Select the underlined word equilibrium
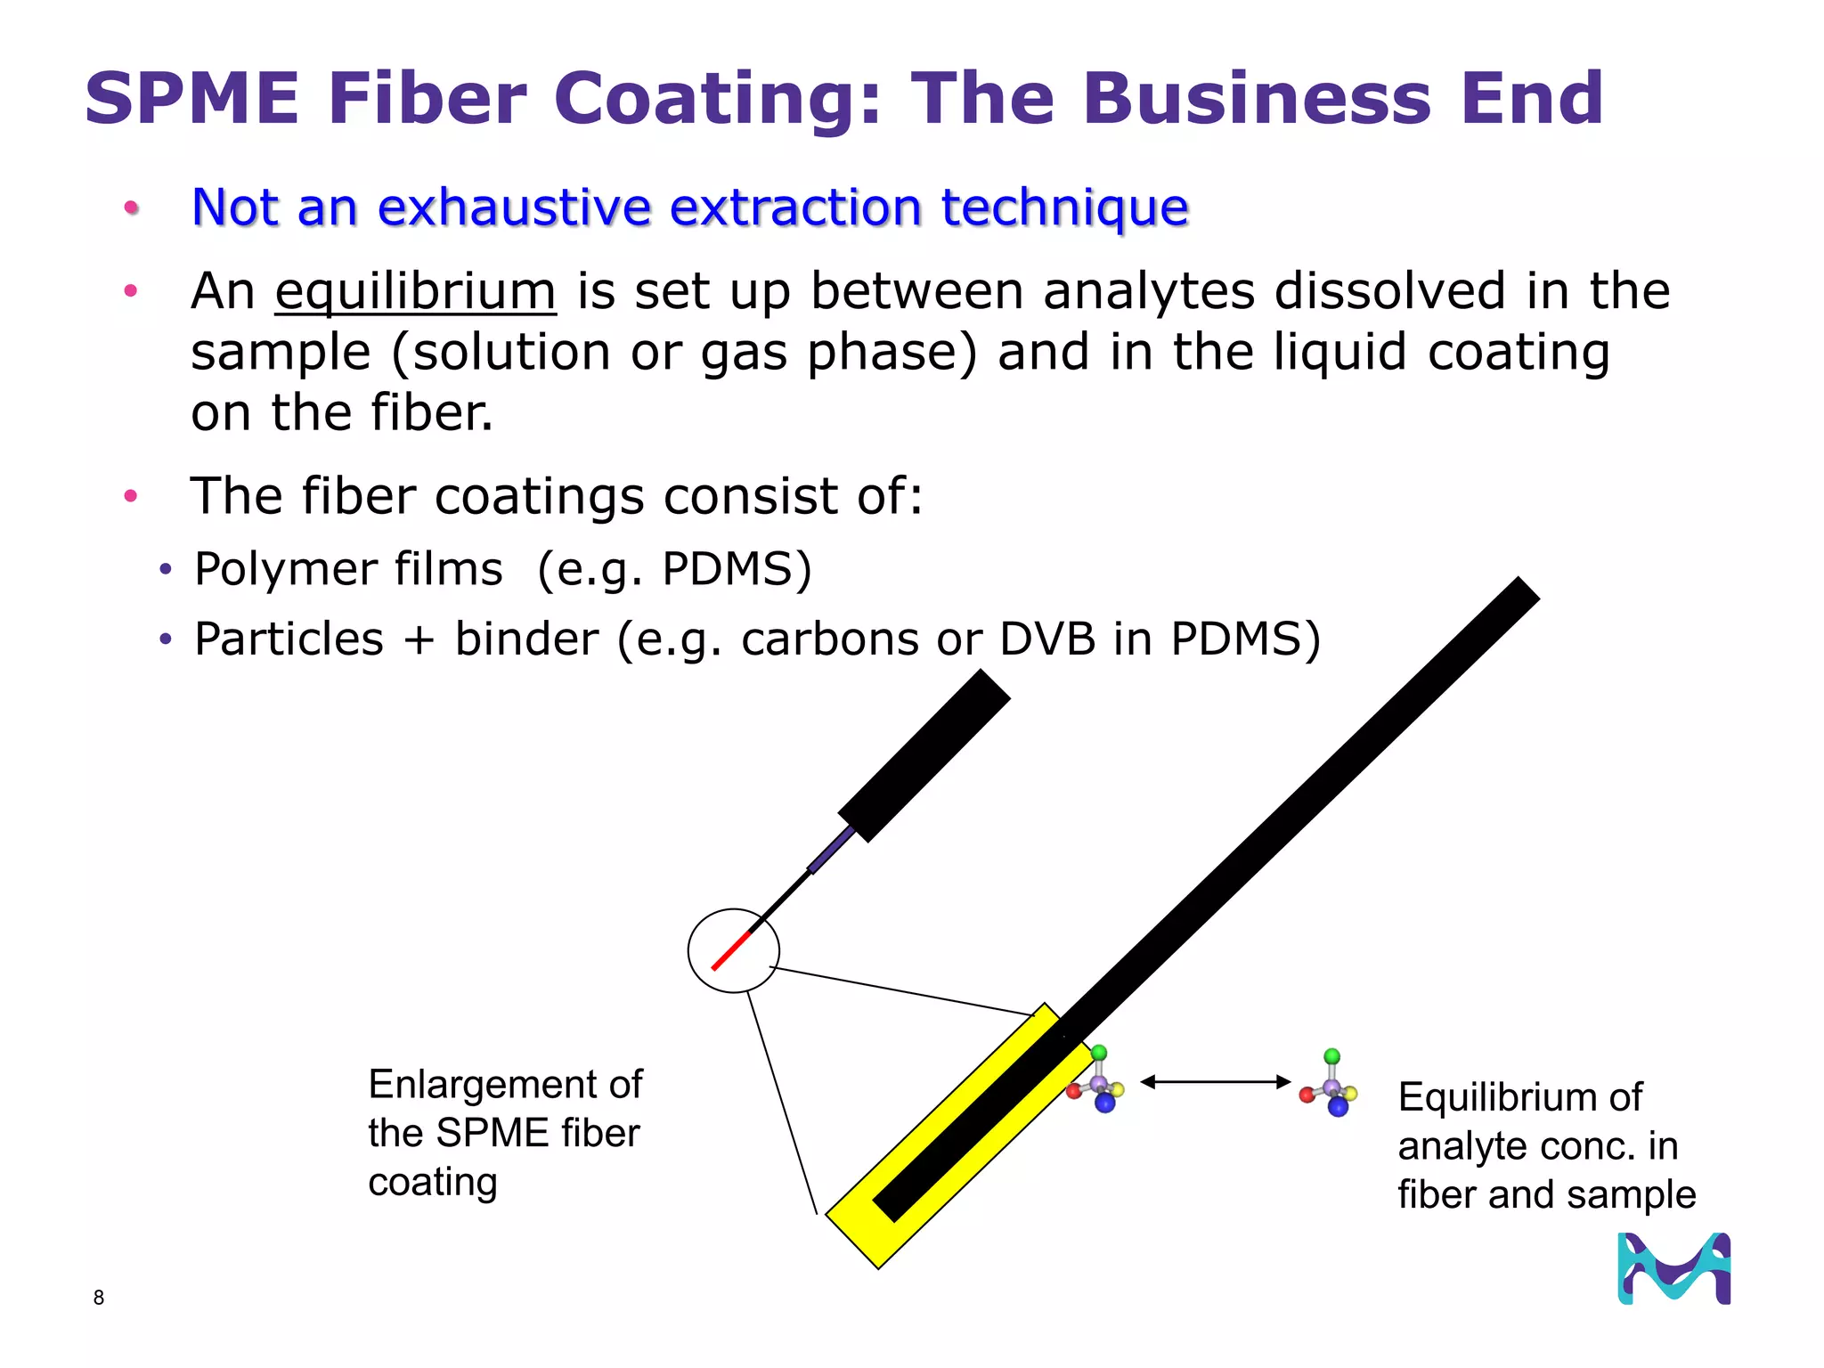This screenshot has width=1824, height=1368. pyautogui.click(x=415, y=291)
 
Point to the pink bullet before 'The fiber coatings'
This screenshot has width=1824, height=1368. pyautogui.click(x=131, y=495)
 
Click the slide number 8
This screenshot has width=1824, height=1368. pyautogui.click(x=99, y=1298)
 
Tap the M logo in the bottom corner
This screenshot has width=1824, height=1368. pyautogui.click(x=1673, y=1268)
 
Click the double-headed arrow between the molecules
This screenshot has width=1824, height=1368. pyautogui.click(x=1215, y=1082)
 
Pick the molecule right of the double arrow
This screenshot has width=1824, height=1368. pyautogui.click(x=1331, y=1086)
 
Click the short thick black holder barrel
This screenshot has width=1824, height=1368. pyautogui.click(x=924, y=756)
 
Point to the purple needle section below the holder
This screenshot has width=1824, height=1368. pyautogui.click(x=831, y=850)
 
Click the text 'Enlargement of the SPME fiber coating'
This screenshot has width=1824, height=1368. pyautogui.click(x=504, y=1133)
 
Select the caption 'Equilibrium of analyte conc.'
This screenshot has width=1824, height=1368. pyautogui.click(x=1545, y=1145)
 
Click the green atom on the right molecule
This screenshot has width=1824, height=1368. pyautogui.click(x=1331, y=1056)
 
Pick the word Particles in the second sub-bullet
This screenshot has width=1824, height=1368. pyautogui.click(x=289, y=639)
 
